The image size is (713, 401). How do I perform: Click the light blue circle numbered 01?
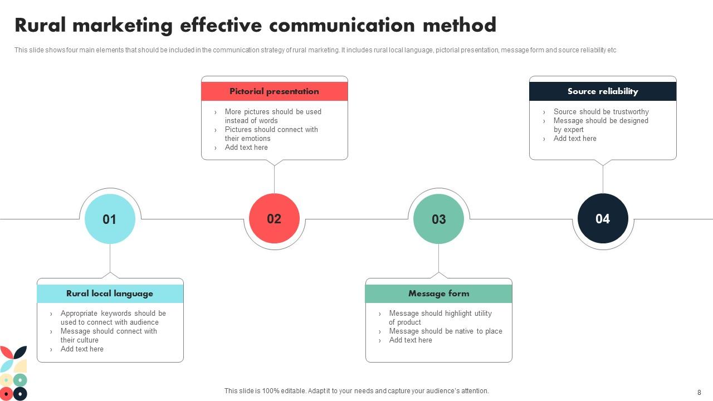tap(110, 219)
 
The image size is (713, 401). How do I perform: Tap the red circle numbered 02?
tap(274, 219)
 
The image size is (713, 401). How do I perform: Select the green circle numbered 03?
tap(438, 219)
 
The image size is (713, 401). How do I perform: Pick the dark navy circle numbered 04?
tap(603, 219)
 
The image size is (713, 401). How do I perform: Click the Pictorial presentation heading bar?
tap(274, 91)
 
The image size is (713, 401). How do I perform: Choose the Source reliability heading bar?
tap(603, 91)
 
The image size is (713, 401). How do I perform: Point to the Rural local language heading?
tap(110, 294)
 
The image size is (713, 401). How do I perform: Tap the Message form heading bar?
tap(438, 294)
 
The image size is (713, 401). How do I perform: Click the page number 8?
tap(699, 392)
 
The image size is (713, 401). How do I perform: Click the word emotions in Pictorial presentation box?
tap(256, 139)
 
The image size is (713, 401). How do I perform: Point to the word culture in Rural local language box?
tap(87, 340)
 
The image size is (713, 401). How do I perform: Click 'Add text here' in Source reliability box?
tap(575, 139)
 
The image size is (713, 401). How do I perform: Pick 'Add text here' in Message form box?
tap(411, 340)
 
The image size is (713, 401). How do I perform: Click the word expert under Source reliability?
tap(574, 130)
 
